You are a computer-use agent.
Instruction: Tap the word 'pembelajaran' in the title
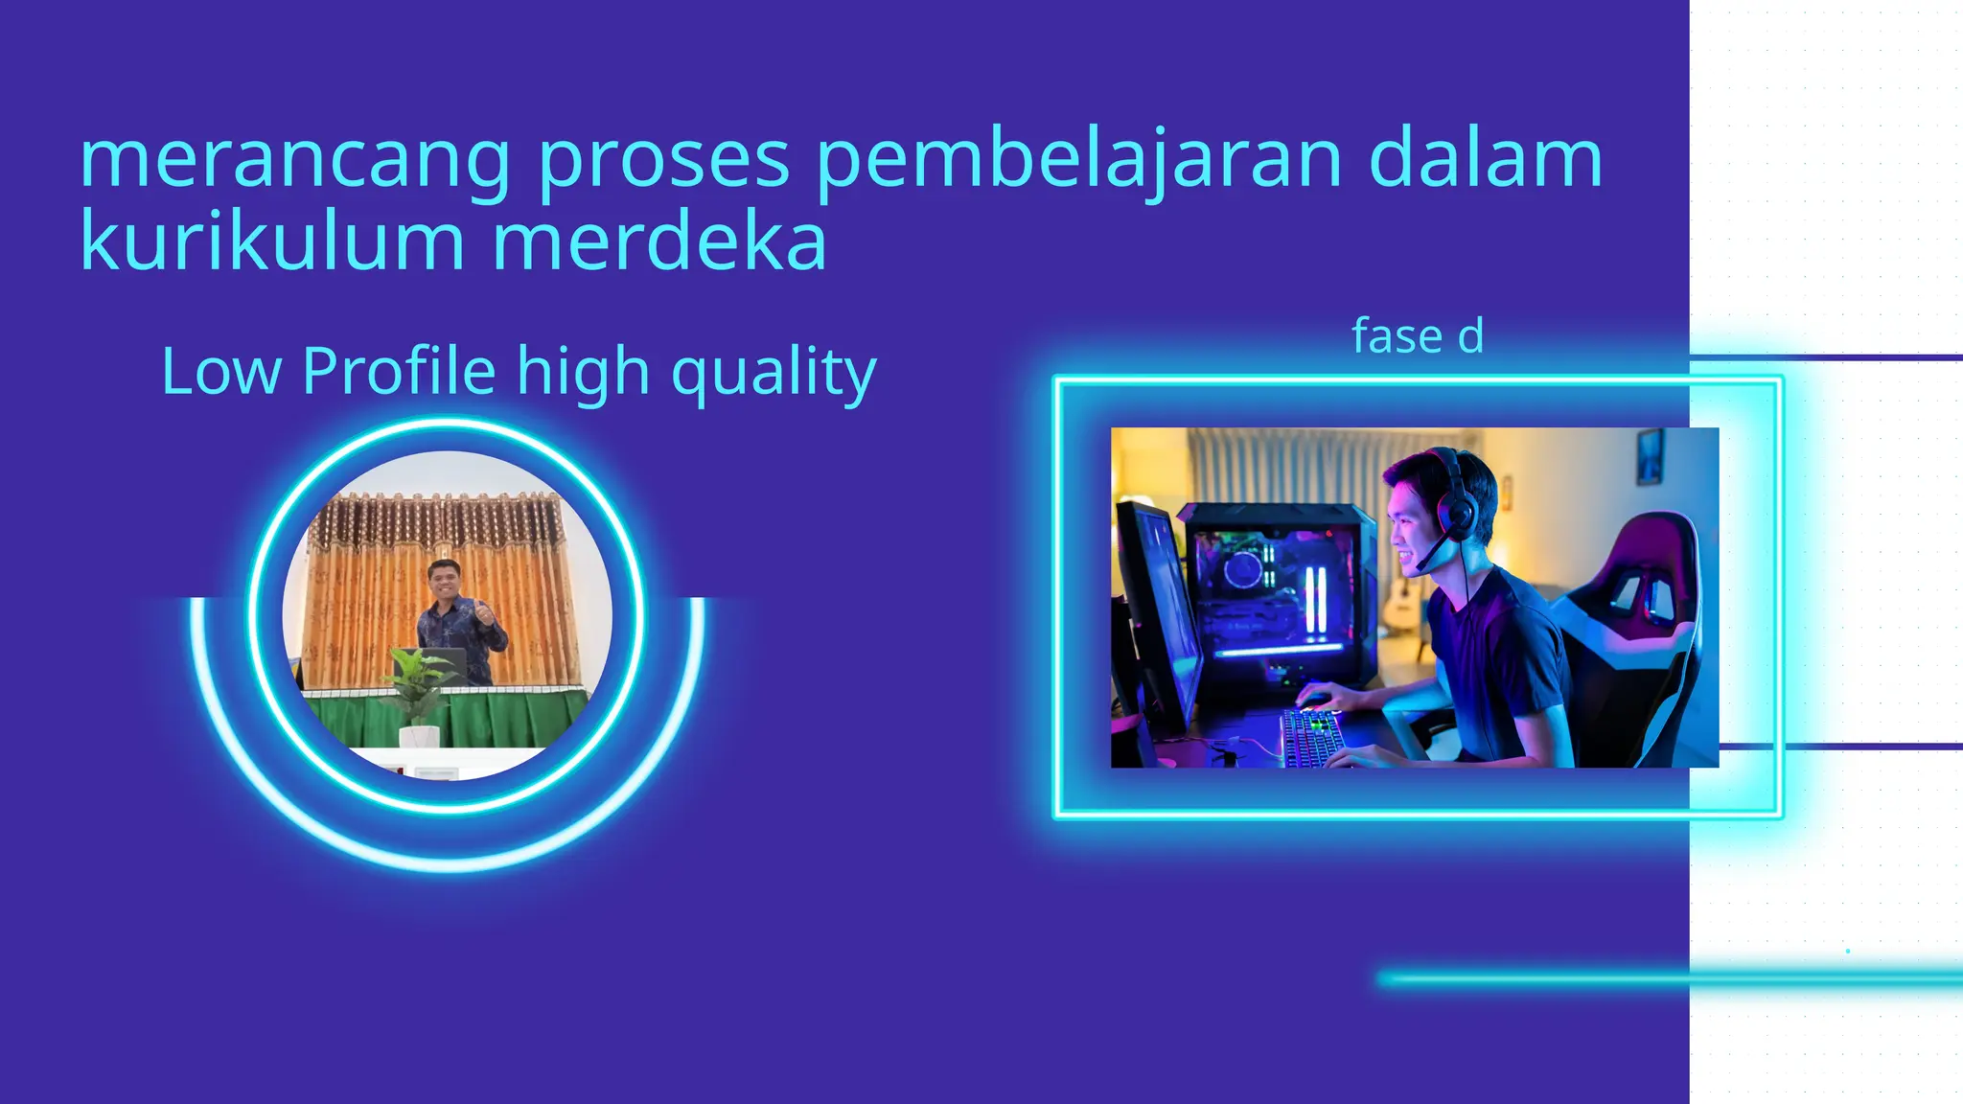point(1078,161)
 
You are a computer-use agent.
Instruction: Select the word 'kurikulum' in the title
point(272,241)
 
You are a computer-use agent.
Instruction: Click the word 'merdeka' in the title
point(659,241)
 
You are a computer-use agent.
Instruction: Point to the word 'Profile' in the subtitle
point(399,371)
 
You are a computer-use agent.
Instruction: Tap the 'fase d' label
point(1418,336)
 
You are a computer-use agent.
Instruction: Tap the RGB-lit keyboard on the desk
point(1312,736)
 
